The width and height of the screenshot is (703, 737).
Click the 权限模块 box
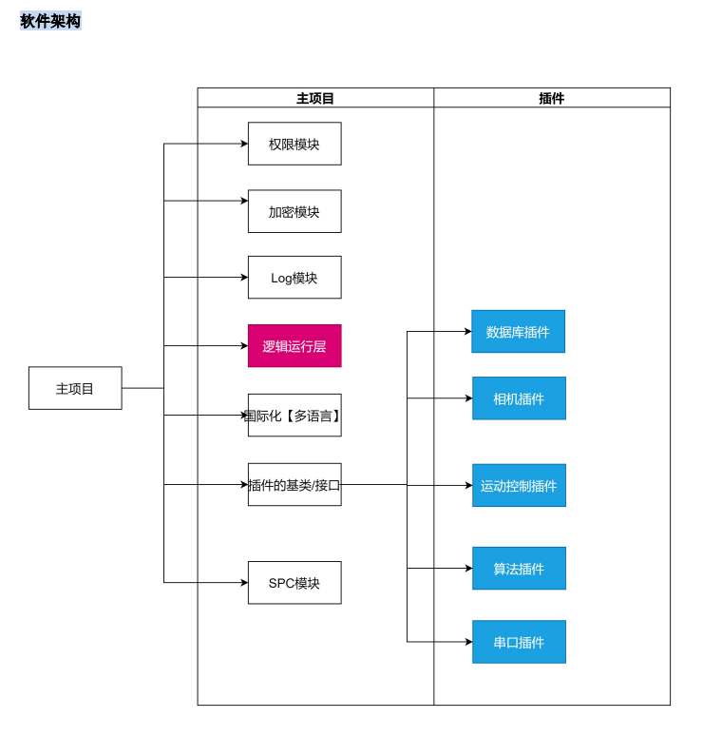click(294, 144)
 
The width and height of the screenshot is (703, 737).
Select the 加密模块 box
click(294, 211)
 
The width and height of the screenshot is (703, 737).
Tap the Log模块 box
click(294, 278)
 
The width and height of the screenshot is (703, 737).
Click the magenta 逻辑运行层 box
click(294, 346)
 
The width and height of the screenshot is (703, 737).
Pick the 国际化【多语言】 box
click(294, 416)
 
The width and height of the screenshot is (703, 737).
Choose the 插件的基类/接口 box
click(294, 485)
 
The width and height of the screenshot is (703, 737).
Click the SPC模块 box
click(294, 583)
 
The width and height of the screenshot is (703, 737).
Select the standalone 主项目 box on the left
click(75, 388)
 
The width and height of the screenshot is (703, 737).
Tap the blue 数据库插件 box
click(518, 332)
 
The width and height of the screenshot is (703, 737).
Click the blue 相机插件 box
click(519, 398)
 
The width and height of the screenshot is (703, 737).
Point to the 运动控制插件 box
click(519, 486)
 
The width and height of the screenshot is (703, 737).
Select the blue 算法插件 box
click(519, 569)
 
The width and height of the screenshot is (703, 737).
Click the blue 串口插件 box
click(519, 642)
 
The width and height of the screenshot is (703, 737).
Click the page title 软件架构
click(50, 21)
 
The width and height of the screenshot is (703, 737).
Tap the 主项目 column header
click(315, 98)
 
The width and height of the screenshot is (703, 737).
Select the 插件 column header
click(551, 98)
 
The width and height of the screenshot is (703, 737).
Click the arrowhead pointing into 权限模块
click(244, 144)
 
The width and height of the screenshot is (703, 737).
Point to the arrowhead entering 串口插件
click(468, 642)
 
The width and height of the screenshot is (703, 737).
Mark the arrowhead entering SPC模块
click(244, 583)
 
